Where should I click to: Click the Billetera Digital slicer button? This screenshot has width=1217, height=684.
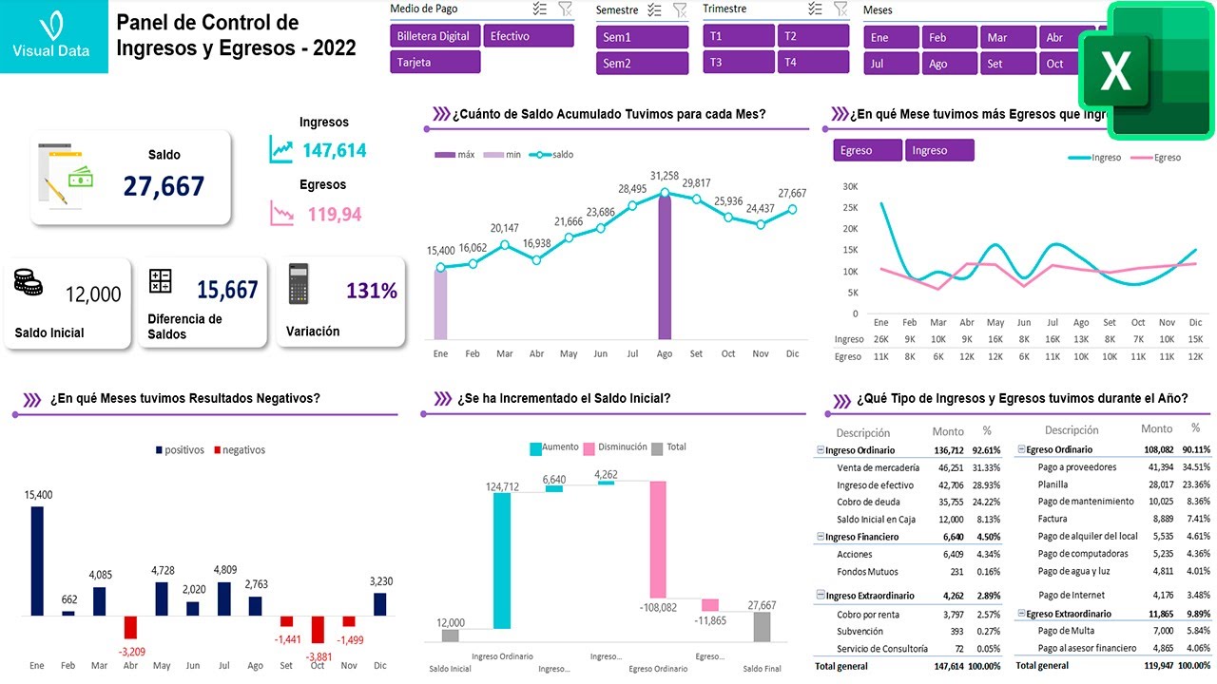point(434,36)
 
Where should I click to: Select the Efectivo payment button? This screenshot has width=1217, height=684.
point(528,36)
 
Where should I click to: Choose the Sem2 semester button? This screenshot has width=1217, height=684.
point(642,64)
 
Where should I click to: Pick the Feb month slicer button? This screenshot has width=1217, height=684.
point(948,38)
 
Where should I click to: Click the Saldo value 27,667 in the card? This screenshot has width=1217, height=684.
point(164,186)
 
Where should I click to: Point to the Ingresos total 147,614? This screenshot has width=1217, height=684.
point(334,150)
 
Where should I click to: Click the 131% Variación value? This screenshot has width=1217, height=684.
point(372,291)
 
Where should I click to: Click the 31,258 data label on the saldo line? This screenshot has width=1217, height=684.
point(665,176)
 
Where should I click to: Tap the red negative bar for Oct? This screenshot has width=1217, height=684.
point(318,629)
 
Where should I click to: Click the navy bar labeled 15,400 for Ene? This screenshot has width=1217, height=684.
point(37,560)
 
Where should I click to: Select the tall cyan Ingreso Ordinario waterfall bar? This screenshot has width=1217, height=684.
point(502,560)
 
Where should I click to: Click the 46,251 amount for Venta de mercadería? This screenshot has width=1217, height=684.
point(950,467)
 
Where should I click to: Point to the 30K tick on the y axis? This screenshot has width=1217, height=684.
point(849,187)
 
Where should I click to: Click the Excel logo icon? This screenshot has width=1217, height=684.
point(1146,71)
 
